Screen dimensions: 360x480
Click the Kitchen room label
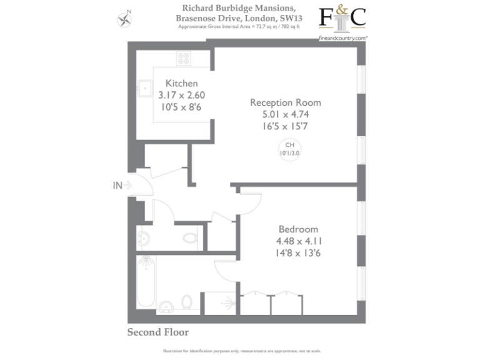[181, 83]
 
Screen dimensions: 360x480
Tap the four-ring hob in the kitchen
[184, 59]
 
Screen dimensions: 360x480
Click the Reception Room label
[286, 102]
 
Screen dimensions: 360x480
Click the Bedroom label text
[298, 229]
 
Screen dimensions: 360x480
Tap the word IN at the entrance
[117, 185]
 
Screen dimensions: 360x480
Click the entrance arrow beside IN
[129, 185]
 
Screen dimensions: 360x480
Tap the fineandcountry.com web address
[342, 37]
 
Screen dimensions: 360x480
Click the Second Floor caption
[157, 332]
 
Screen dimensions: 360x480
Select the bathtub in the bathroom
[146, 281]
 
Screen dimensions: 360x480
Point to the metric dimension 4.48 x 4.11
[299, 241]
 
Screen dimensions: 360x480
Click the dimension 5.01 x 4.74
[286, 114]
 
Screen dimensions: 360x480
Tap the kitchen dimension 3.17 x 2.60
[181, 95]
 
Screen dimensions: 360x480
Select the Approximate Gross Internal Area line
[239, 27]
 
